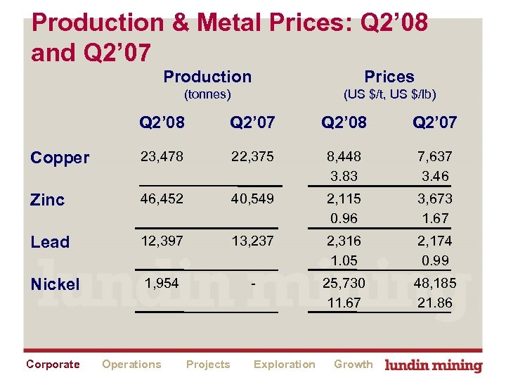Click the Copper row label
(x=60, y=158)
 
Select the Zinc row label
(x=48, y=200)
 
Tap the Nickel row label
(x=55, y=284)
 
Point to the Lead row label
(x=50, y=242)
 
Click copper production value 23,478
(x=162, y=157)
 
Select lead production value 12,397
(x=162, y=241)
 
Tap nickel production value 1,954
(x=162, y=284)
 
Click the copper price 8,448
(x=344, y=157)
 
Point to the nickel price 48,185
(x=434, y=284)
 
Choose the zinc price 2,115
(x=344, y=199)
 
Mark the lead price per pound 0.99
(x=434, y=260)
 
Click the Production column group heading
(x=207, y=77)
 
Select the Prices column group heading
(x=389, y=77)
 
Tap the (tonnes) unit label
(x=207, y=94)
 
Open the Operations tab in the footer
(x=131, y=364)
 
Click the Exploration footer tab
(x=284, y=364)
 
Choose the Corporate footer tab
(x=53, y=364)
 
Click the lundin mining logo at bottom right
(x=434, y=365)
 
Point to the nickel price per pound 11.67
(x=344, y=303)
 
